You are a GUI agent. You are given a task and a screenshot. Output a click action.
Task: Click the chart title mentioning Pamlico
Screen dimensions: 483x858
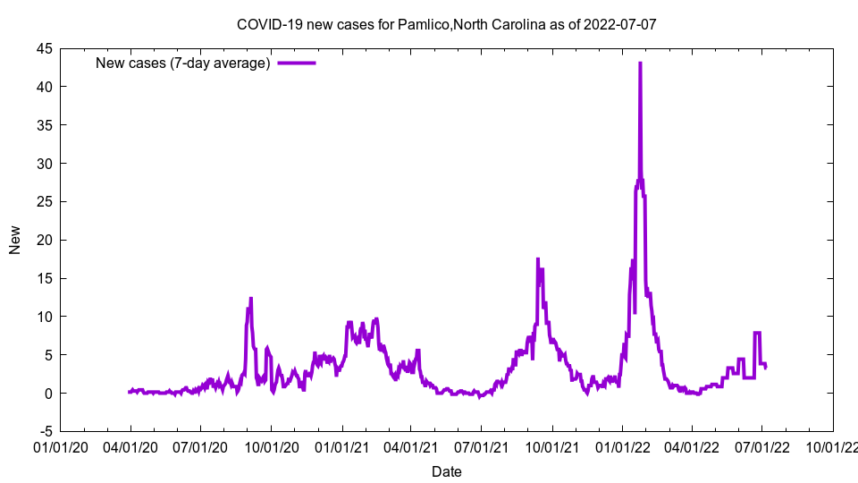point(446,24)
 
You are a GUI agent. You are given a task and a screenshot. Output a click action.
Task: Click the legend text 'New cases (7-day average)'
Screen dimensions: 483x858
point(183,63)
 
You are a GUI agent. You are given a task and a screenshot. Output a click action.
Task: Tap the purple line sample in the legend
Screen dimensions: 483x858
point(297,63)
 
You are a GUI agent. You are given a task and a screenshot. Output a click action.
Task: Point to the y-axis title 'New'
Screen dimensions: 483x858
point(15,240)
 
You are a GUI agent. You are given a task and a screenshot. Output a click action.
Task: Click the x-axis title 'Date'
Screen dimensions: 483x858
point(446,471)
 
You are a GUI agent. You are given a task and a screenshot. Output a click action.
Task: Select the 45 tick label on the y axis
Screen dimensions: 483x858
point(43,48)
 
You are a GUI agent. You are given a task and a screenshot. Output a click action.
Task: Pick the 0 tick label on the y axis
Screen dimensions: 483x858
point(48,393)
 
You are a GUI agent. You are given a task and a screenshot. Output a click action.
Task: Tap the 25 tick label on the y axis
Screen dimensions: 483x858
point(43,201)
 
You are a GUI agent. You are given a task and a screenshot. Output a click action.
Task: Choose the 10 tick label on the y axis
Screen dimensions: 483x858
point(43,317)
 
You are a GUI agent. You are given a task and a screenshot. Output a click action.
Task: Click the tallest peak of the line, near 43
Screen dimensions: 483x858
point(640,64)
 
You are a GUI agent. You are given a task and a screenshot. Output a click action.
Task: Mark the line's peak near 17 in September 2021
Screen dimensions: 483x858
point(537,259)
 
